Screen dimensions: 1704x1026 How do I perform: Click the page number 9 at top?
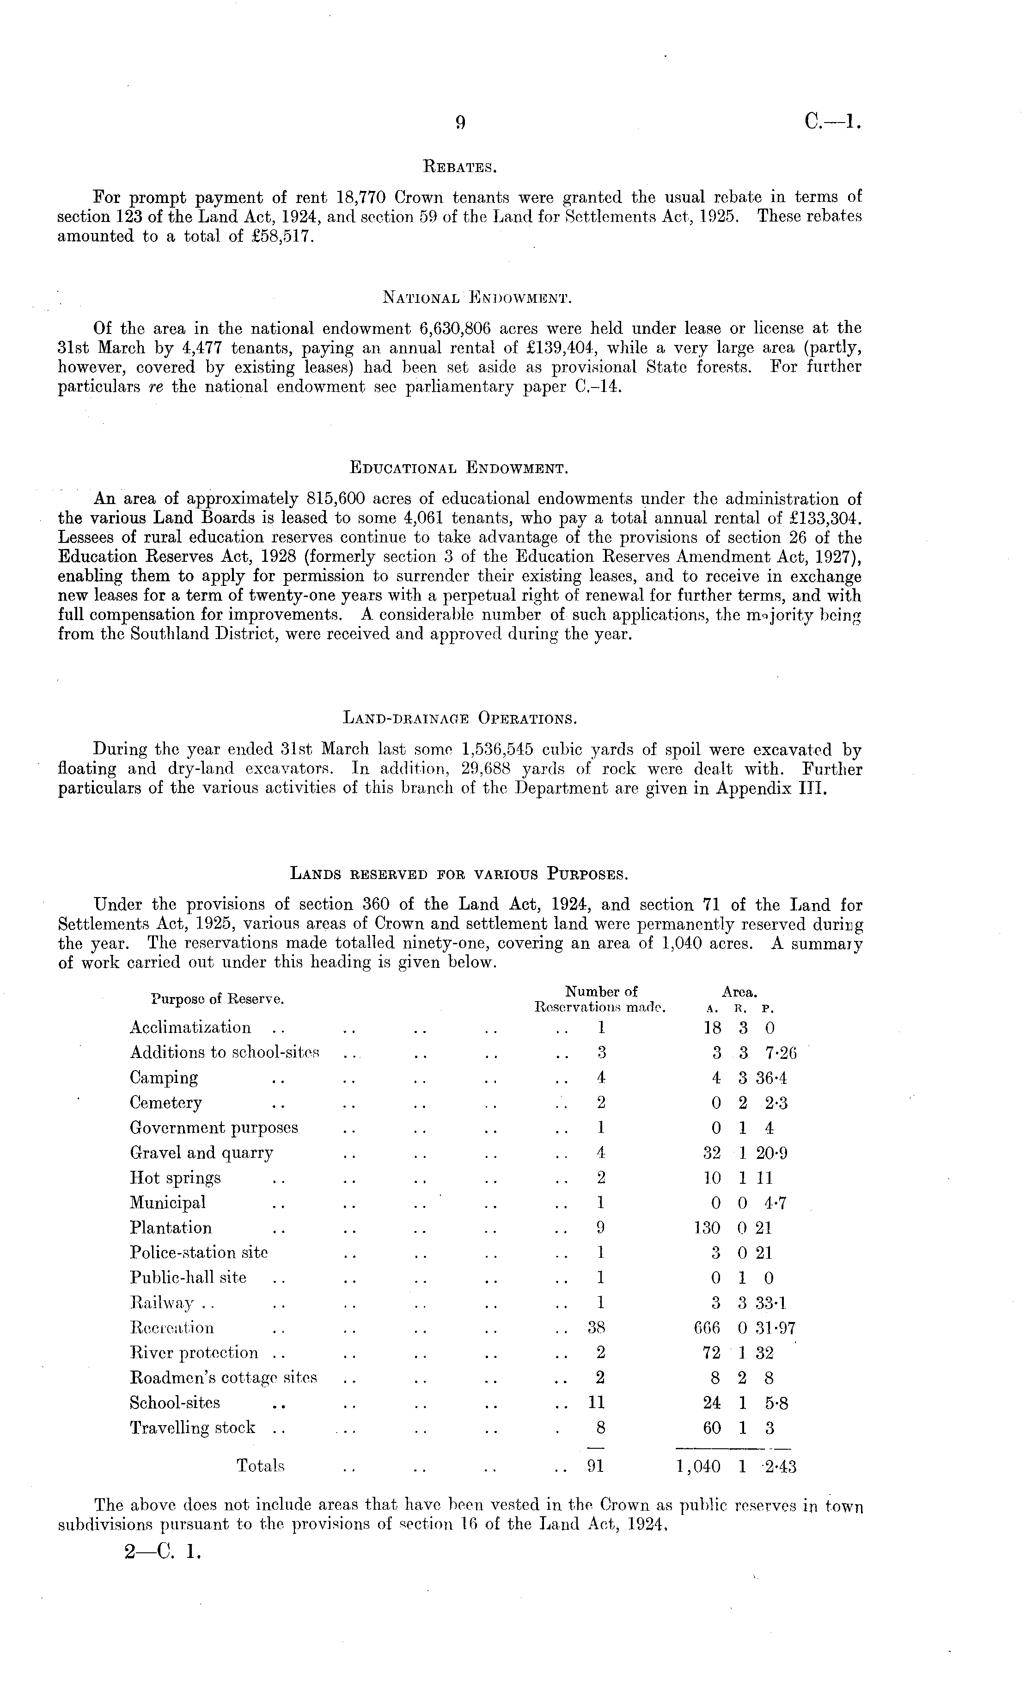[460, 123]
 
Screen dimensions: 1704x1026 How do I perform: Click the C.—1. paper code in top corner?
[832, 123]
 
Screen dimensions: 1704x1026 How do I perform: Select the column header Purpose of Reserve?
[219, 999]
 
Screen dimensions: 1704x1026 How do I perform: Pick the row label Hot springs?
[175, 1178]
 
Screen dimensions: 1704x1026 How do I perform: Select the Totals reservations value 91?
[595, 1466]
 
